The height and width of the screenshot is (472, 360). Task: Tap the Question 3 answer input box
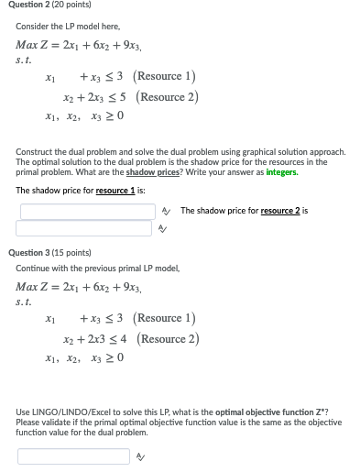pyautogui.click(x=73, y=456)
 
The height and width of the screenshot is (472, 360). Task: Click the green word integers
pyautogui.click(x=283, y=173)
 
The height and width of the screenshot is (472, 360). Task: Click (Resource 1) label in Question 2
pyautogui.click(x=166, y=77)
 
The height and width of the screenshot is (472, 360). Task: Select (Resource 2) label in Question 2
pyautogui.click(x=169, y=96)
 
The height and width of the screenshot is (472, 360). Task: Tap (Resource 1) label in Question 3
pyautogui.click(x=166, y=319)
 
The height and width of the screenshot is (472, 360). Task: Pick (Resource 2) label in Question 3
pyautogui.click(x=169, y=338)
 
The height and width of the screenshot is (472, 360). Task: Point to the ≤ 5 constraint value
pyautogui.click(x=118, y=96)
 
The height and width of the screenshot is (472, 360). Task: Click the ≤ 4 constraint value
pyautogui.click(x=118, y=338)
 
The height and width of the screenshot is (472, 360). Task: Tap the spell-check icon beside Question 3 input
pyautogui.click(x=139, y=456)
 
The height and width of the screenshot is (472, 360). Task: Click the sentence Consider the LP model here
pyautogui.click(x=61, y=27)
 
